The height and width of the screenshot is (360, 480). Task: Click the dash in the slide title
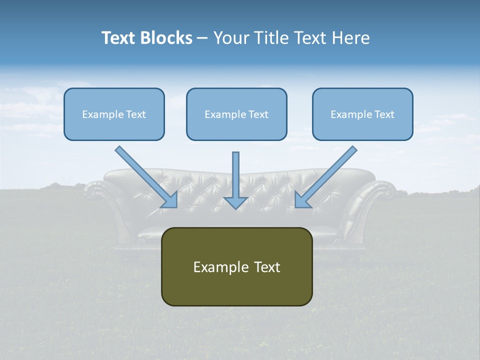pos(202,38)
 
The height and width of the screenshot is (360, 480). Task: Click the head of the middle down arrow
pos(236,202)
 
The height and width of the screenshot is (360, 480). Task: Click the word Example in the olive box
pos(214,267)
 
